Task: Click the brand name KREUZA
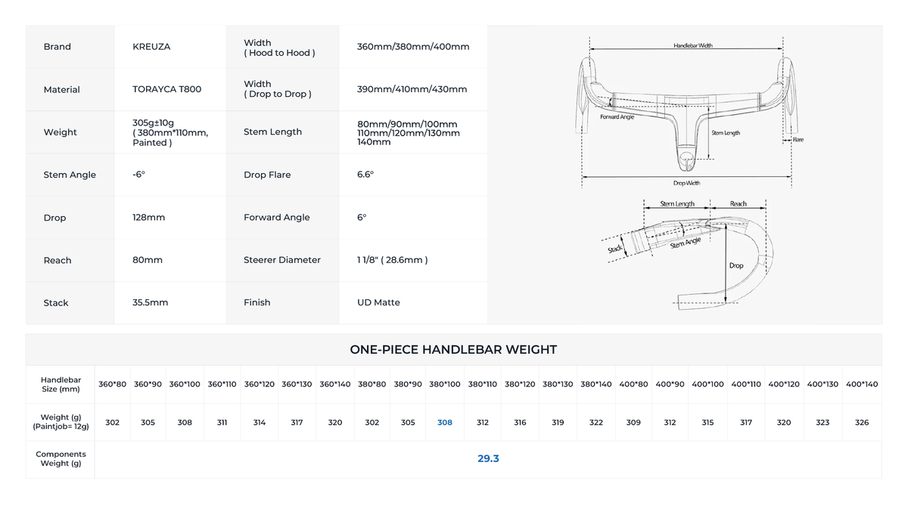(151, 47)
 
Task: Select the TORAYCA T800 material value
(166, 89)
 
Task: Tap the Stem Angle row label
(70, 175)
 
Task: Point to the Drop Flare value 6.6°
(365, 174)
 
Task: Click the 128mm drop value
(148, 217)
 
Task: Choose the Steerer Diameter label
(282, 259)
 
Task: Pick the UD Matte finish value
(378, 302)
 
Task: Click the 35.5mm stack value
(150, 302)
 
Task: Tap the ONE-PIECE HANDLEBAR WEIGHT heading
(453, 349)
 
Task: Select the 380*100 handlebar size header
(445, 384)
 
